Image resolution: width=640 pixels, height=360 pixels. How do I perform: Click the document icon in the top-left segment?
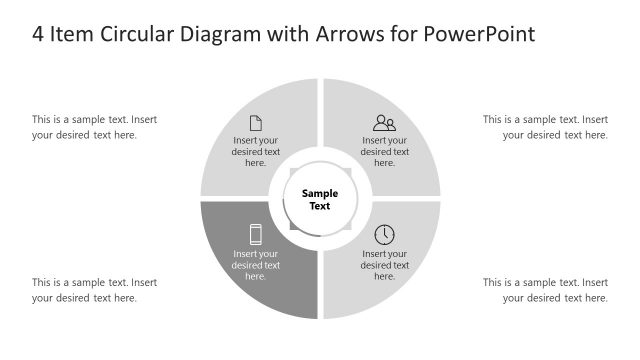pyautogui.click(x=256, y=123)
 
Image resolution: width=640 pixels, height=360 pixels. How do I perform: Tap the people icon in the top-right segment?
pyautogui.click(x=384, y=123)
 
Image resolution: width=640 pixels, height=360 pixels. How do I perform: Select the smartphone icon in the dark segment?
pyautogui.click(x=256, y=235)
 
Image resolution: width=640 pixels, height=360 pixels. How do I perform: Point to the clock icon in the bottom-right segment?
pyautogui.click(x=384, y=235)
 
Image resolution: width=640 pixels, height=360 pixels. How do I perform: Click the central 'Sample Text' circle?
pyautogui.click(x=320, y=199)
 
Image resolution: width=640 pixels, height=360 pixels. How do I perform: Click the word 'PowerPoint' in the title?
pyautogui.click(x=479, y=34)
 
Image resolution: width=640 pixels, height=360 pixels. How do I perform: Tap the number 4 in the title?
pyautogui.click(x=39, y=34)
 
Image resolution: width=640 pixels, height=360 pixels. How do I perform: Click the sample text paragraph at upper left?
pyautogui.click(x=94, y=127)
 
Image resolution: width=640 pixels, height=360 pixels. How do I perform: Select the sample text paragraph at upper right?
pyautogui.click(x=545, y=127)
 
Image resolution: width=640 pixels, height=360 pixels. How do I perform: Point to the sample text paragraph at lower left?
pyautogui.click(x=94, y=290)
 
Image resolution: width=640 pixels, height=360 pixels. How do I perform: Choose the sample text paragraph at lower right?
pyautogui.click(x=545, y=290)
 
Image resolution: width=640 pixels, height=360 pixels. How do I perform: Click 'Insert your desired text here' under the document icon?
pyautogui.click(x=256, y=152)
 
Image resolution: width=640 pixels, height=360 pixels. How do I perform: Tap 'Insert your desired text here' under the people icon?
pyautogui.click(x=384, y=152)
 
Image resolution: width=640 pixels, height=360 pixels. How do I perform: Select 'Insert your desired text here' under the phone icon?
pyautogui.click(x=256, y=265)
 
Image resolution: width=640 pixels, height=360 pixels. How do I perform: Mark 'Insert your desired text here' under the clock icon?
pyautogui.click(x=384, y=265)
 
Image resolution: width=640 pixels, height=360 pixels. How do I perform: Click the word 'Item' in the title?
pyautogui.click(x=73, y=34)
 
